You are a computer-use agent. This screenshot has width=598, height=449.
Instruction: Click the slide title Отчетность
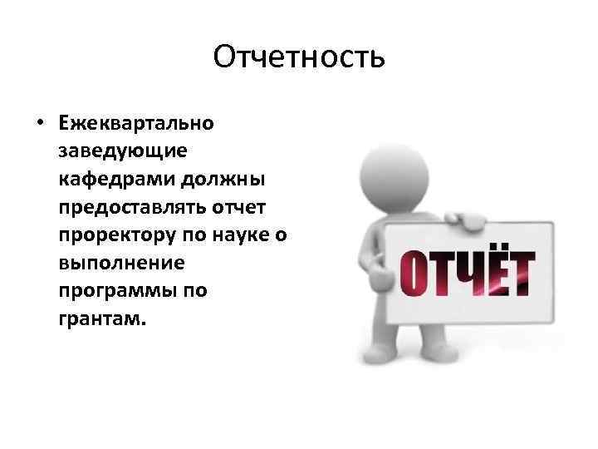coord(298,57)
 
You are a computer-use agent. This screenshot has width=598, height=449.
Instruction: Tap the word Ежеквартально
coord(136,123)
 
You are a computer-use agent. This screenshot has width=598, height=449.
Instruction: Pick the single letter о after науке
coord(282,236)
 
